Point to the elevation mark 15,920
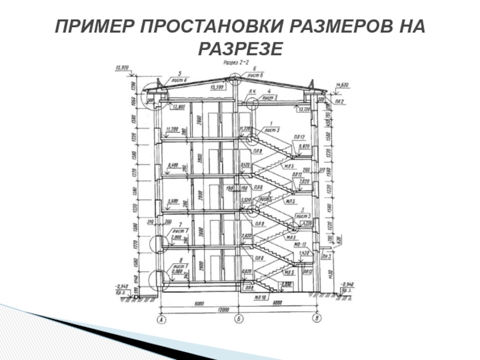coord(123,68)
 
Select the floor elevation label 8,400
coord(173,164)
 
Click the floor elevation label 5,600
coord(173,201)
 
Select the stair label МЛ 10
coord(260,295)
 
